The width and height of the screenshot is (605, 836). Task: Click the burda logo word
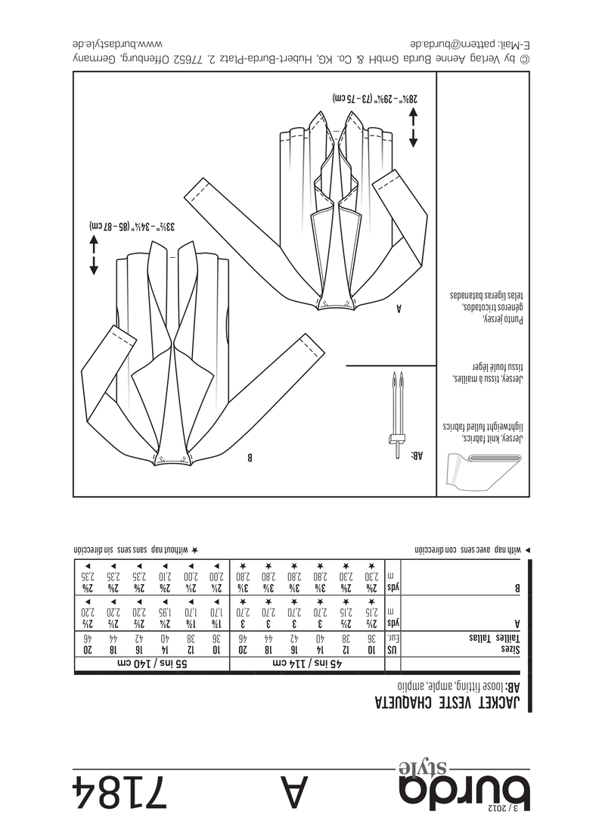tap(465, 794)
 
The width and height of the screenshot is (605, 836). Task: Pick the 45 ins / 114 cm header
tap(307, 664)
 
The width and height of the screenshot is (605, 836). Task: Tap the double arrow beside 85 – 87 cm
tap(95, 254)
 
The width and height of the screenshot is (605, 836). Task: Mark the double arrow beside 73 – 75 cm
tap(414, 126)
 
